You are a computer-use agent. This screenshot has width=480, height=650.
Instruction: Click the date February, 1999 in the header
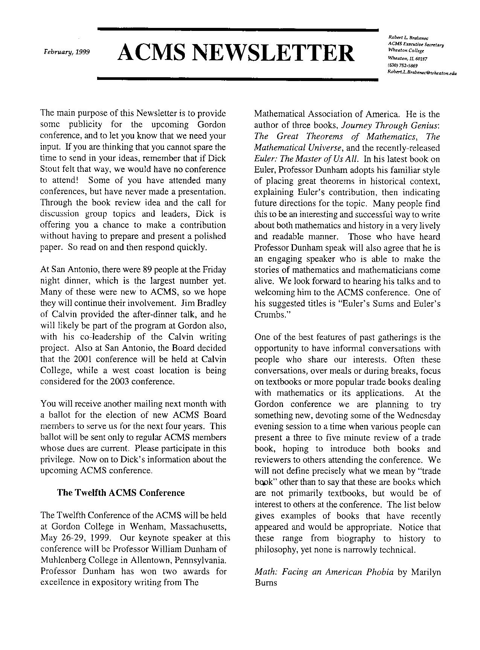(x=67, y=52)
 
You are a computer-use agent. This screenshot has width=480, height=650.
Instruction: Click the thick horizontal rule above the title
(x=238, y=29)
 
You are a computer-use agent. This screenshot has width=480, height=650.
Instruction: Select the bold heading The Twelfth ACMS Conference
(x=120, y=493)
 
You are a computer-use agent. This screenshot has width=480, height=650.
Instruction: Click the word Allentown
(x=137, y=560)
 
